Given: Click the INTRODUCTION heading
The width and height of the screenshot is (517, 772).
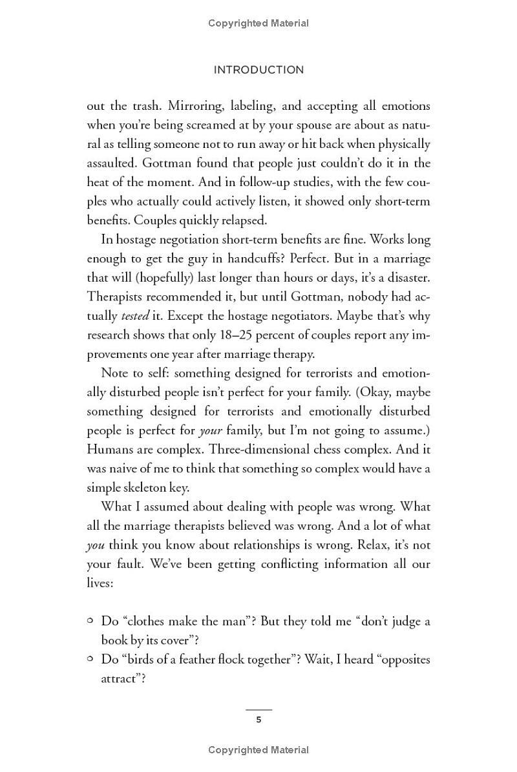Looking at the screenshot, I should click(x=258, y=70).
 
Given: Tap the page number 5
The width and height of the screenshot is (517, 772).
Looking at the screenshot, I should click(x=258, y=720).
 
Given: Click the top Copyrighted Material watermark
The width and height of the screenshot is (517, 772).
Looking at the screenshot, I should click(x=258, y=23).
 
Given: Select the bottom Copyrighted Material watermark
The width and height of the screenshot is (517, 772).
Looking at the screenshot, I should click(x=258, y=750).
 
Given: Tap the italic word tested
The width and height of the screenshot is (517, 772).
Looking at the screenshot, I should click(x=135, y=316).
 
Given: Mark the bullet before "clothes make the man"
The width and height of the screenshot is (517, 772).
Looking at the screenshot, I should click(x=90, y=621).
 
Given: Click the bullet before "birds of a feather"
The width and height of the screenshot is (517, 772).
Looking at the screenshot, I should click(x=90, y=659).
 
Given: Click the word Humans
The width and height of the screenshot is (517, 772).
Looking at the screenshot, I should click(x=108, y=450).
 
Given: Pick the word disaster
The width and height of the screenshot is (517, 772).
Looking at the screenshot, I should click(x=405, y=278).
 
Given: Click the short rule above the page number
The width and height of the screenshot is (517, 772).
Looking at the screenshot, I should click(x=258, y=709).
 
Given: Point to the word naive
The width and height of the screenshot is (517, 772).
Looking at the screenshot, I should click(x=126, y=469).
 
